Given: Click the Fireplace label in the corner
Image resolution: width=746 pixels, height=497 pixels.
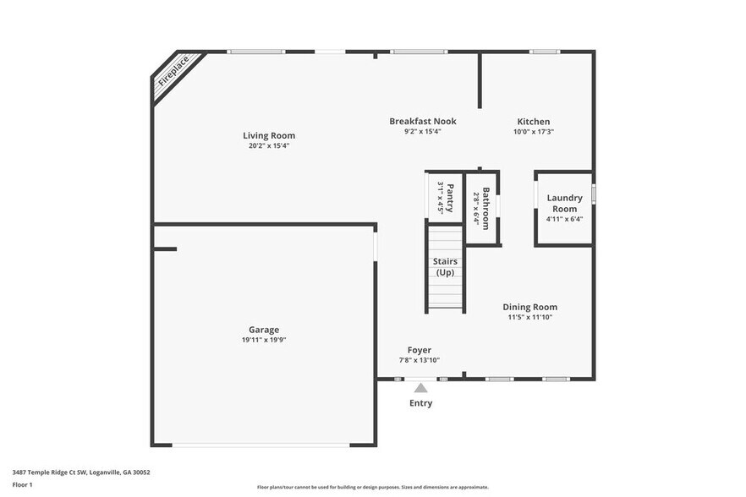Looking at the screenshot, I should [x=174, y=72].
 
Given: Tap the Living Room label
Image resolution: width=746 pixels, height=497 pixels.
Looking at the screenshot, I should [x=269, y=135].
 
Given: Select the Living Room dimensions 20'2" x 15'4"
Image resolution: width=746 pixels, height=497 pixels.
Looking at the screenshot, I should [x=269, y=146].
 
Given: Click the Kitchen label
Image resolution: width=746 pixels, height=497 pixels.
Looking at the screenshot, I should [x=534, y=122].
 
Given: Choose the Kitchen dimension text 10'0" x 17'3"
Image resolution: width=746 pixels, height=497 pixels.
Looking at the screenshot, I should [x=534, y=132].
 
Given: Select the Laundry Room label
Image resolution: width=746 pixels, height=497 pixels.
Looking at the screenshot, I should [x=564, y=203].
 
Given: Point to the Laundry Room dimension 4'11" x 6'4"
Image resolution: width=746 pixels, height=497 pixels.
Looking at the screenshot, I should [x=564, y=219].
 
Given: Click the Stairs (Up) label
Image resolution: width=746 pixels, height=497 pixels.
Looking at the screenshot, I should [x=445, y=267].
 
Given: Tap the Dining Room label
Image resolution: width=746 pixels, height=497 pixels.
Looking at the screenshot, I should [x=529, y=307].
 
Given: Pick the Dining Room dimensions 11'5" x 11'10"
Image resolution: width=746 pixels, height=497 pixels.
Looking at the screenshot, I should [x=529, y=318].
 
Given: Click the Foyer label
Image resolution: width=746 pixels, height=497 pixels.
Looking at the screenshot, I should [x=420, y=350].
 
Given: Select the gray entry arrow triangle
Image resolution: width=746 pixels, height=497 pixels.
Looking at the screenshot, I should [x=420, y=388].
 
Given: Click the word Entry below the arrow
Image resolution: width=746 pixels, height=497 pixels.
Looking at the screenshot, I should [x=420, y=403].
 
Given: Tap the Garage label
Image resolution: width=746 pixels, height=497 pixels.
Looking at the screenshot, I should [x=263, y=330].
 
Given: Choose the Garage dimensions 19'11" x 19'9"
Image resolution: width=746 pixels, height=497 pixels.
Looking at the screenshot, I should [x=263, y=340].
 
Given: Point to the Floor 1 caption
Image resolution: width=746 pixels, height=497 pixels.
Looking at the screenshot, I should [x=22, y=484].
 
